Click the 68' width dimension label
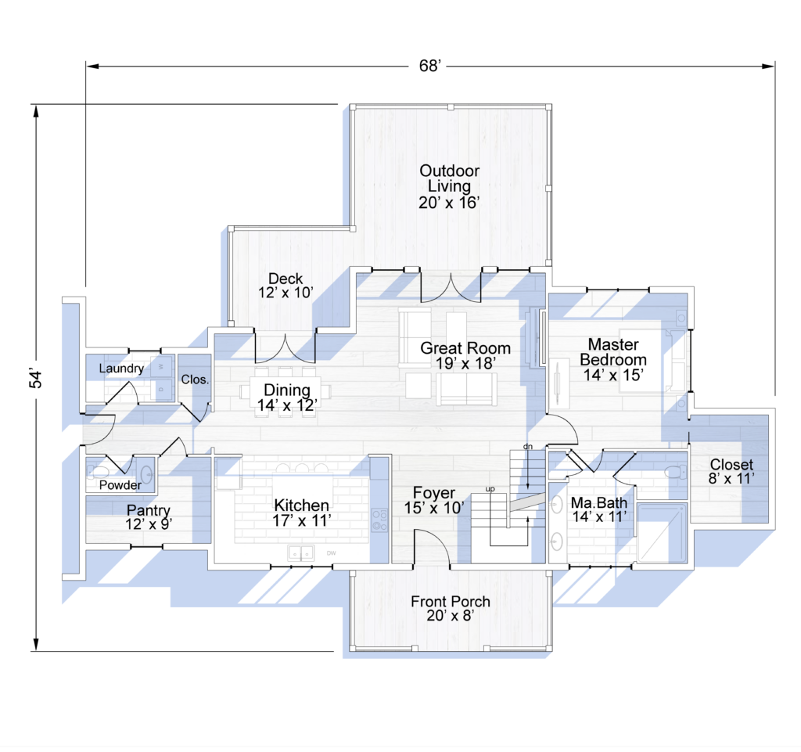429,66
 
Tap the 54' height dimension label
36,377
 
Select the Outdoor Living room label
450,186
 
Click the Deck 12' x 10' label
286,286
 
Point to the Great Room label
465,355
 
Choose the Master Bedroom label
613,360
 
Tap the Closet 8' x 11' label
731,472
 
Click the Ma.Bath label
599,509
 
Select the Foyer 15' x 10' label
434,500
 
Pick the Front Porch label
451,609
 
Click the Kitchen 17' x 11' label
302,513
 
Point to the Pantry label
149,516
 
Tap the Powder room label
120,485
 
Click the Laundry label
121,369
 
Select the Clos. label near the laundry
195,380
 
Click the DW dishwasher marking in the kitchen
331,552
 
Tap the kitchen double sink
300,552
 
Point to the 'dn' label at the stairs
528,447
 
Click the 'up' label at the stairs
490,489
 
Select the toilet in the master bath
675,472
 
